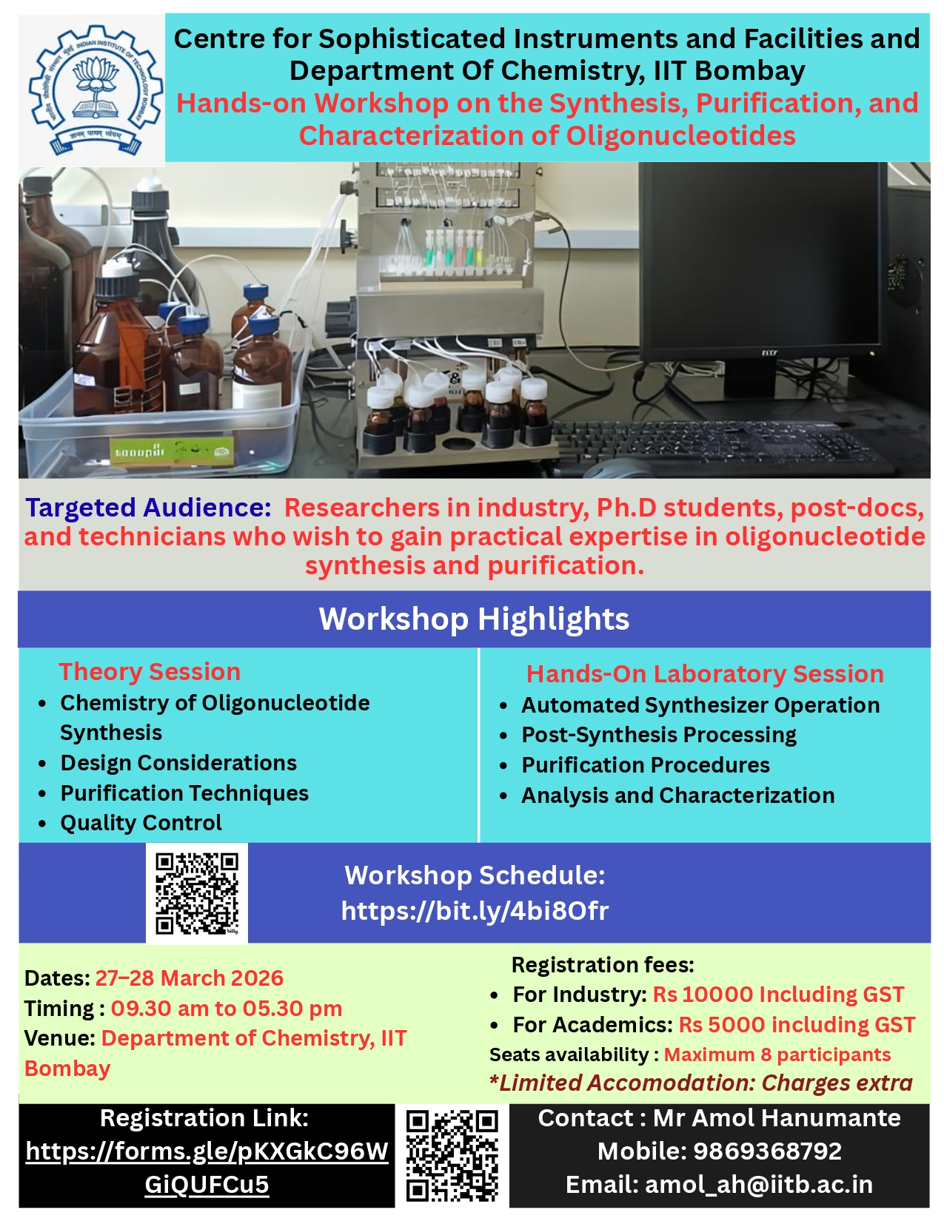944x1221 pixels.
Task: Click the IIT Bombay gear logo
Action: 95,90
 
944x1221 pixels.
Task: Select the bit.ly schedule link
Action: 475,912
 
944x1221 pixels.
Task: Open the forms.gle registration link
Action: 207,1169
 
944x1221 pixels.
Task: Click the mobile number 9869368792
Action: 767,1151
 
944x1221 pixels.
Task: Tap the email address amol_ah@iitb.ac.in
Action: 758,1185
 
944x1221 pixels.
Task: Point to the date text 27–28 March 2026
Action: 189,978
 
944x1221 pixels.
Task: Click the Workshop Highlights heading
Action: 474,619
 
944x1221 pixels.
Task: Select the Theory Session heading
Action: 150,672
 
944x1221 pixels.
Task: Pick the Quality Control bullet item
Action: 141,823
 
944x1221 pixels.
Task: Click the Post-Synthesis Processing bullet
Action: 658,736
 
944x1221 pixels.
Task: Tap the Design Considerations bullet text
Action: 178,763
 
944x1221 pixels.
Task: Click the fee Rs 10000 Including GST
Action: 778,995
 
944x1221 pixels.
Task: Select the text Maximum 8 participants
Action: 777,1055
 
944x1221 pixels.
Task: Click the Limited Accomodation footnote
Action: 700,1083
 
